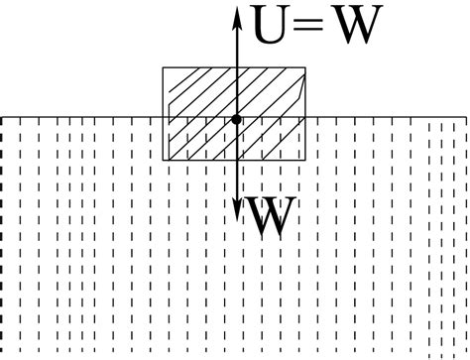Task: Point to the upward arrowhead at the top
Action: (x=237, y=12)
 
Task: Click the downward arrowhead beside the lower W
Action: (x=237, y=211)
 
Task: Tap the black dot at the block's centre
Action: (x=237, y=119)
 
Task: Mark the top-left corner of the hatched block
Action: (x=164, y=67)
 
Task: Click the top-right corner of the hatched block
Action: (x=305, y=67)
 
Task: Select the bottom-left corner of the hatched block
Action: (x=164, y=160)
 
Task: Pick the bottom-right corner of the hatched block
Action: (x=305, y=160)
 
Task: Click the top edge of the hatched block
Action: (x=198, y=67)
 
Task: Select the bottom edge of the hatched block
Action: (x=198, y=160)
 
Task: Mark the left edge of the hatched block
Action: (x=164, y=99)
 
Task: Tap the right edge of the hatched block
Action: (x=305, y=99)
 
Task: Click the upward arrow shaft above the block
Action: (x=237, y=45)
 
